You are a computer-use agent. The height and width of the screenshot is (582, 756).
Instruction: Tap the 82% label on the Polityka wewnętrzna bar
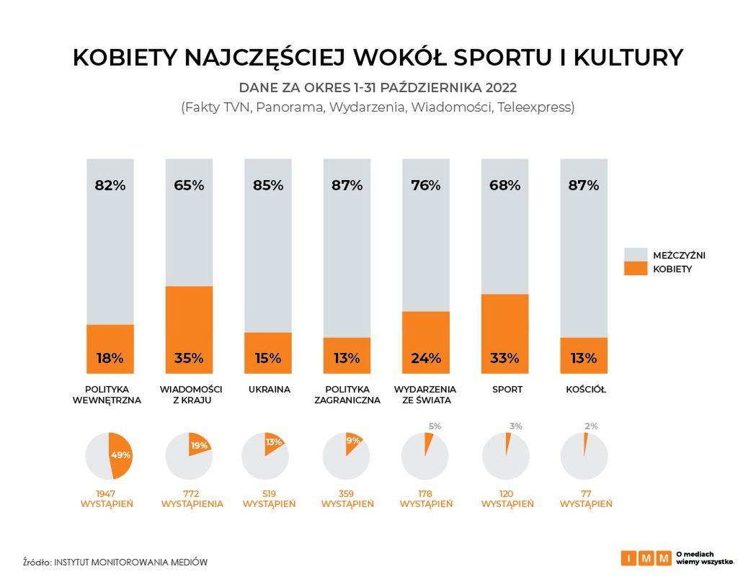(x=110, y=185)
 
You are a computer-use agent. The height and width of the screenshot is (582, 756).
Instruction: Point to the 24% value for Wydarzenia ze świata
(x=425, y=358)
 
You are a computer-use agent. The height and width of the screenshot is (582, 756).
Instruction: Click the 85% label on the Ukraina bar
(x=267, y=185)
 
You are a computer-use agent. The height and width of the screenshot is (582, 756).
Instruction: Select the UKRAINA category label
(x=269, y=390)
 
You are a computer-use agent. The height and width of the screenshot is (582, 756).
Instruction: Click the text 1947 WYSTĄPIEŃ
(x=107, y=498)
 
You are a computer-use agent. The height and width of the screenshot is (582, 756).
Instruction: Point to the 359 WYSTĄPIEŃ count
(x=347, y=498)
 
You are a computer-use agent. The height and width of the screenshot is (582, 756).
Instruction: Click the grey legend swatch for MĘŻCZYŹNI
(x=635, y=255)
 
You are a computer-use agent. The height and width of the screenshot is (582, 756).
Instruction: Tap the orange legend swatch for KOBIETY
(x=635, y=269)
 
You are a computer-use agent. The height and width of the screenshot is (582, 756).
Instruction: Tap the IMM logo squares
(x=646, y=558)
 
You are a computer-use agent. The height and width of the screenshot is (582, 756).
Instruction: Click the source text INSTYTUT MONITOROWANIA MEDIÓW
(x=131, y=561)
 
